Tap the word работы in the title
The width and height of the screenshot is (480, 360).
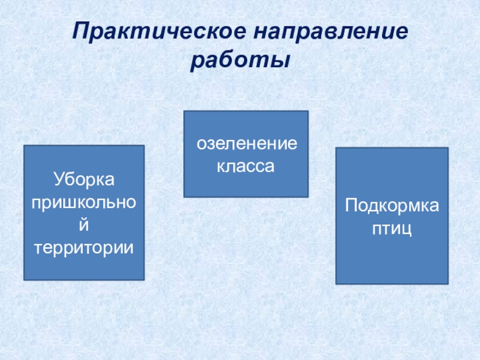pos(240,61)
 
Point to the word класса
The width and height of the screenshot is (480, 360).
pos(245,166)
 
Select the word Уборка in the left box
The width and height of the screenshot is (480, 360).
pos(83,179)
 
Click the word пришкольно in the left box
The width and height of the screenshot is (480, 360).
pos(83,202)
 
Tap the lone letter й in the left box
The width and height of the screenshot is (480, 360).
pos(84,224)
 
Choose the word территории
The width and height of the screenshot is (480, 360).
pos(83,247)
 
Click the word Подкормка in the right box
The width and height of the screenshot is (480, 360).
pos(391,207)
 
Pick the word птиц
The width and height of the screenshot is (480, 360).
pos(391,229)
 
